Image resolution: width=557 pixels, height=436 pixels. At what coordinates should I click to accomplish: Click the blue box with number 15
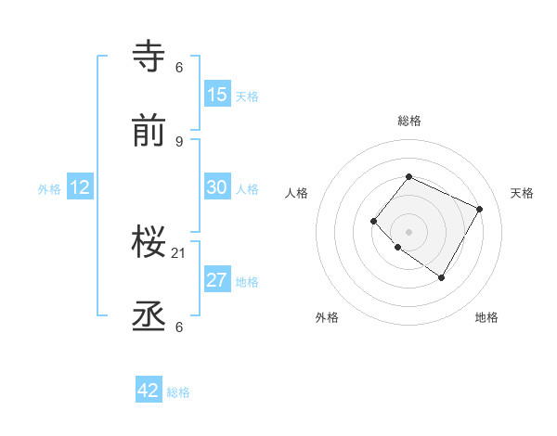216,95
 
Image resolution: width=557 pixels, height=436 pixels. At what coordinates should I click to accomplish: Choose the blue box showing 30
216,187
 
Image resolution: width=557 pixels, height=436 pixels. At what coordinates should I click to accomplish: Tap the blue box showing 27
216,280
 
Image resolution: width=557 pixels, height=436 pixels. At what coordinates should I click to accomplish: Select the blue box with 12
80,187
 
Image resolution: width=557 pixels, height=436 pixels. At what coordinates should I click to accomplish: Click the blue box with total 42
149,391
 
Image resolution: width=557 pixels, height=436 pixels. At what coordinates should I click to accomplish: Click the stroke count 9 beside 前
179,141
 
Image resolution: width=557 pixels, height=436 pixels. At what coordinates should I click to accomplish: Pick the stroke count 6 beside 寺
179,68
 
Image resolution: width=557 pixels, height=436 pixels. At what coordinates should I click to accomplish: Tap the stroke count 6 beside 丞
179,327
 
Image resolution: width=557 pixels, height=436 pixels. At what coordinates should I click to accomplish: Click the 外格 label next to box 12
49,189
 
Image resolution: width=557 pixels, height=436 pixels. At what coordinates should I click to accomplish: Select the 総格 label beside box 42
178,392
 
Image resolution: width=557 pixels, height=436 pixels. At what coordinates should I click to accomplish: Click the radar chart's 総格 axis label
408,121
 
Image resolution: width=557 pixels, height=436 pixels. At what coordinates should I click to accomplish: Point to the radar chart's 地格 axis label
486,318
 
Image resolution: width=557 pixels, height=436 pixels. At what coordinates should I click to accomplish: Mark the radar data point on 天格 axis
479,209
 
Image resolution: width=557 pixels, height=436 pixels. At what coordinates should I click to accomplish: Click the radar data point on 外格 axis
397,247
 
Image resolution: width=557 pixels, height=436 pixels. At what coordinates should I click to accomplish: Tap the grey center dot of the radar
408,231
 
